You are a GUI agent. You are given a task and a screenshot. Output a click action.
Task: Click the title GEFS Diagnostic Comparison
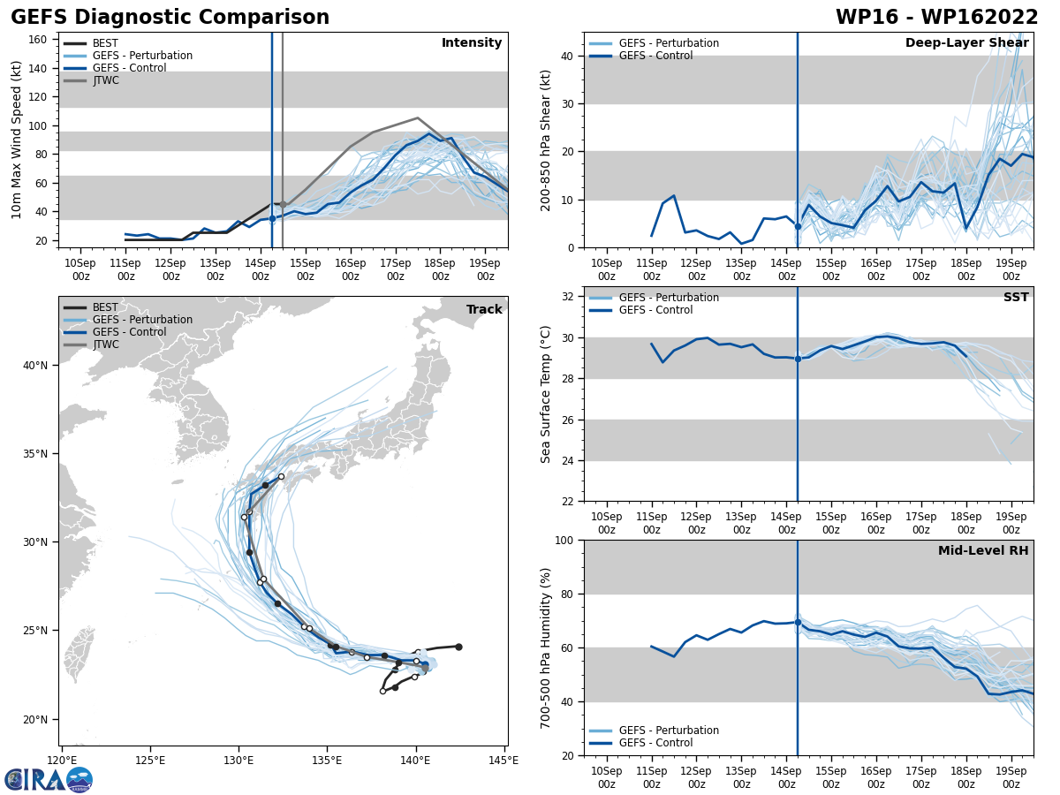click(x=170, y=18)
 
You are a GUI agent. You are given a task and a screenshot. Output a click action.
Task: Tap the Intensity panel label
click(x=472, y=43)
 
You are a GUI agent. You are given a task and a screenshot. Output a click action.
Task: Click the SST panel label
click(x=1016, y=298)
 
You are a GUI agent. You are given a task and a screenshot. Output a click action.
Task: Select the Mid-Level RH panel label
click(x=983, y=551)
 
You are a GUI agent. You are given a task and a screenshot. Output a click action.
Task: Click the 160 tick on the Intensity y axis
click(x=39, y=40)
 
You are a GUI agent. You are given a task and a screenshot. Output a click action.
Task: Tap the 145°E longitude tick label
click(x=503, y=760)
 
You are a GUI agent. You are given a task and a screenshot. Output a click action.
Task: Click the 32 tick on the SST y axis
click(x=569, y=297)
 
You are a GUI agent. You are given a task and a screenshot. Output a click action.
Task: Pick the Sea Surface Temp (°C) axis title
click(x=546, y=394)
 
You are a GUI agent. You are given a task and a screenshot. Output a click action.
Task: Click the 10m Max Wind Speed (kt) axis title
click(x=18, y=140)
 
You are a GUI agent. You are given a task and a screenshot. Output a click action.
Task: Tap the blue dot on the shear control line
click(x=798, y=227)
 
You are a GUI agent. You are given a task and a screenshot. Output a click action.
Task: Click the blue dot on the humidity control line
click(x=798, y=622)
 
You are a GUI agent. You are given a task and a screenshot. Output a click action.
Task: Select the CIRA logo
click(x=49, y=780)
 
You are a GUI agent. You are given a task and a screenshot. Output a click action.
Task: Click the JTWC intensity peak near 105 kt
click(x=418, y=117)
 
